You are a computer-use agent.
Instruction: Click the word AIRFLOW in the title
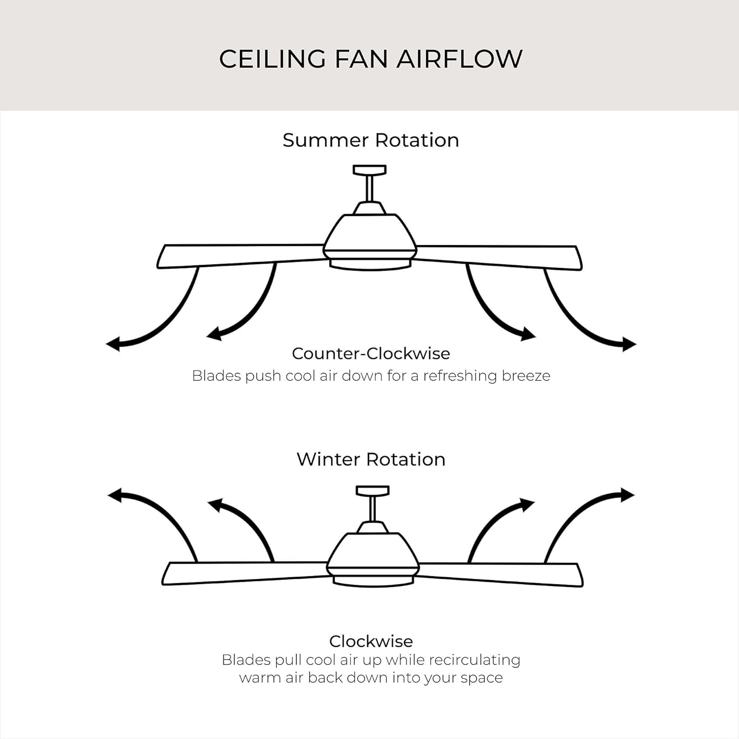459,59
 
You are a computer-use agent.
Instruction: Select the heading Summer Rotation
370,140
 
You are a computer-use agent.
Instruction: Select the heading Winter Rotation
370,459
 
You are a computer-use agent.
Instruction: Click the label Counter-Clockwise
370,353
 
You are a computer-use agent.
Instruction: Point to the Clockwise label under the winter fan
370,641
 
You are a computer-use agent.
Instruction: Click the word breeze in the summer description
526,376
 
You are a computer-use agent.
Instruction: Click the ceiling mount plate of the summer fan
369,170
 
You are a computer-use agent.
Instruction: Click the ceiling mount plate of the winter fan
372,490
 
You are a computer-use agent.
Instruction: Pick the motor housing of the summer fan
369,234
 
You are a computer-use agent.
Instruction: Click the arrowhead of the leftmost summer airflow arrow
113,344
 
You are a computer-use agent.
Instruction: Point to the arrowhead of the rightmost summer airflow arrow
630,344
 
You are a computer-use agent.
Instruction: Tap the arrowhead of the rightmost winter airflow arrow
628,495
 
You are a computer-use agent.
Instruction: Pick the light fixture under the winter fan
373,581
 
